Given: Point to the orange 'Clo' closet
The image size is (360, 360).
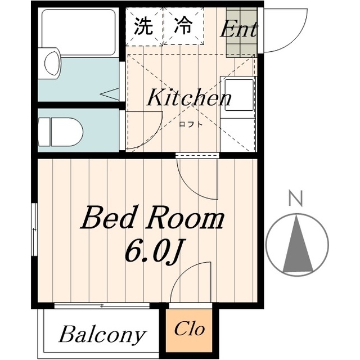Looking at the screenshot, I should (189, 329).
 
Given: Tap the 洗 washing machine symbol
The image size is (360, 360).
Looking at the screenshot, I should (143, 26).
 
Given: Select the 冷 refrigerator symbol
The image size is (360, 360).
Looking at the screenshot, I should (182, 26).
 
